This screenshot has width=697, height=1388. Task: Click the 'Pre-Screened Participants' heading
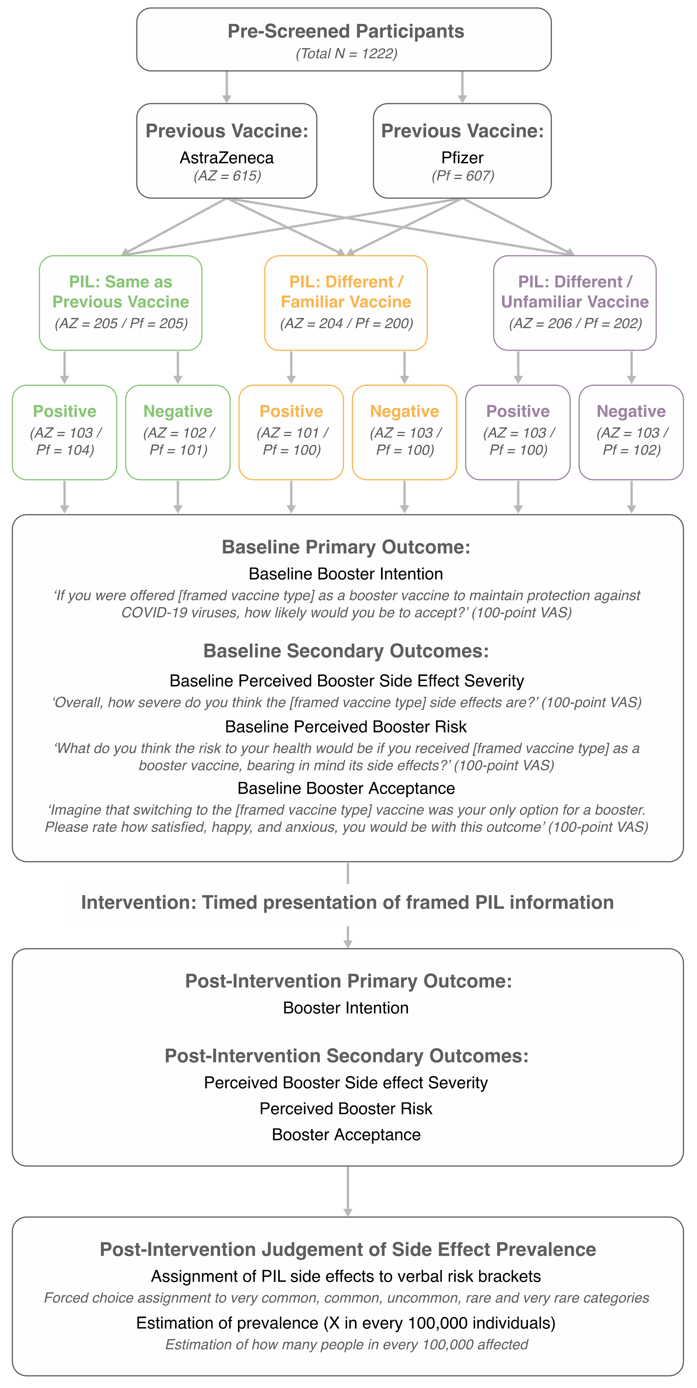pyautogui.click(x=345, y=31)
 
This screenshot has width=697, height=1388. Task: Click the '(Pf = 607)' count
pyautogui.click(x=463, y=176)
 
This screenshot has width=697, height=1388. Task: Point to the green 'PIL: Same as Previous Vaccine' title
pyautogui.click(x=121, y=291)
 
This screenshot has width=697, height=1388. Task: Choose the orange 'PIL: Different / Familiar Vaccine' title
pyautogui.click(x=346, y=291)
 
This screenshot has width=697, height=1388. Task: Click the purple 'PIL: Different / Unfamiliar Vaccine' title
pyautogui.click(x=575, y=291)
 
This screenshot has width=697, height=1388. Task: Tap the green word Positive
pyautogui.click(x=65, y=411)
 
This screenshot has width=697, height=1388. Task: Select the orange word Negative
pyautogui.click(x=404, y=411)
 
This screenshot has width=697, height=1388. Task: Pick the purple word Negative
pyautogui.click(x=631, y=411)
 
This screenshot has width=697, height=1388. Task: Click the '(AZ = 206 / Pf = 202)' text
pyautogui.click(x=575, y=323)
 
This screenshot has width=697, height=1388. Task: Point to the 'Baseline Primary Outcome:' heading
pyautogui.click(x=345, y=547)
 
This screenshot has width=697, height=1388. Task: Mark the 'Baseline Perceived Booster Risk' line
pyautogui.click(x=345, y=727)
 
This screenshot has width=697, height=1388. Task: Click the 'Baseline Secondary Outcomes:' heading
pyautogui.click(x=345, y=651)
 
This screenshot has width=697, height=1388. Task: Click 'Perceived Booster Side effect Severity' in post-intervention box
pyautogui.click(x=345, y=1083)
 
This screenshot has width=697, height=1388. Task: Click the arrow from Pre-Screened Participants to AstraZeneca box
pyautogui.click(x=227, y=87)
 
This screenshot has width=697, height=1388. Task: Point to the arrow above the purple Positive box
pyautogui.click(x=518, y=368)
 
